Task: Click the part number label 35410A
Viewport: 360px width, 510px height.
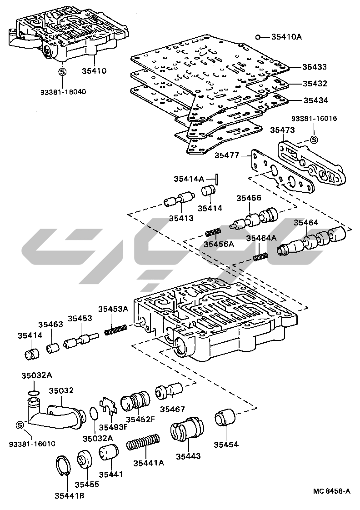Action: pos(286,37)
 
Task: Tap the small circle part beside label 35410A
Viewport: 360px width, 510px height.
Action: pos(257,37)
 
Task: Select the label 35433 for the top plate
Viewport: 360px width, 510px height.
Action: pos(315,67)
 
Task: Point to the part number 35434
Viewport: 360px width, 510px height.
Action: pos(316,100)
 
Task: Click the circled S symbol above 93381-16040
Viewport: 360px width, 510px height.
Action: pos(63,71)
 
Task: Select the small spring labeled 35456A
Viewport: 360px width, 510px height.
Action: pos(213,233)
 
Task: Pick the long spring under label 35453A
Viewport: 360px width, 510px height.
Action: pos(115,329)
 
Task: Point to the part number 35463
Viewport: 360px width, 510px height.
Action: pos(50,325)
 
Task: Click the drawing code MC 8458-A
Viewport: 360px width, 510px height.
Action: pos(332,491)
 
